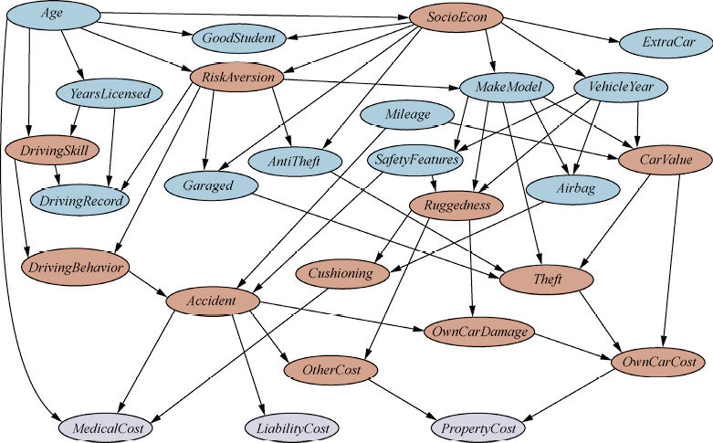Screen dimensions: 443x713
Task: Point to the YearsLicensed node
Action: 110,92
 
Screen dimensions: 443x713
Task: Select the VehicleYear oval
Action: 621,88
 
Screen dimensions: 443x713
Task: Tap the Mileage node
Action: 407,116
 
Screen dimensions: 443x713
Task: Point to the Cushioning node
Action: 340,273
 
